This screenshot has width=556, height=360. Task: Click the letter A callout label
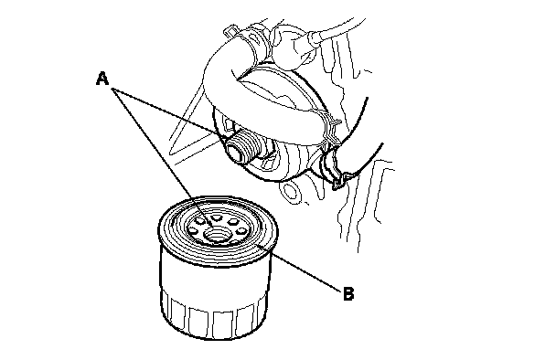pyautogui.click(x=102, y=79)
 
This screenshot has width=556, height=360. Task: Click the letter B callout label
pyautogui.click(x=348, y=294)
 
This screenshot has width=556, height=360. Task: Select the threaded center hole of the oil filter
pyautogui.click(x=218, y=235)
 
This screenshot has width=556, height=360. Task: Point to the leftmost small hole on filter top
pyautogui.click(x=194, y=230)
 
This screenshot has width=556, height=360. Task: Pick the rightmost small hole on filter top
pyautogui.click(x=241, y=231)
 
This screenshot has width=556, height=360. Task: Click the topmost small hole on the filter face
pyautogui.click(x=216, y=217)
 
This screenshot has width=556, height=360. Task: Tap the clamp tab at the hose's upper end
pyautogui.click(x=230, y=31)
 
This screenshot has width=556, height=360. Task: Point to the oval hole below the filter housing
pyautogui.click(x=290, y=192)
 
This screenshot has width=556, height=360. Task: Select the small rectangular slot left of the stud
pyautogui.click(x=227, y=125)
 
